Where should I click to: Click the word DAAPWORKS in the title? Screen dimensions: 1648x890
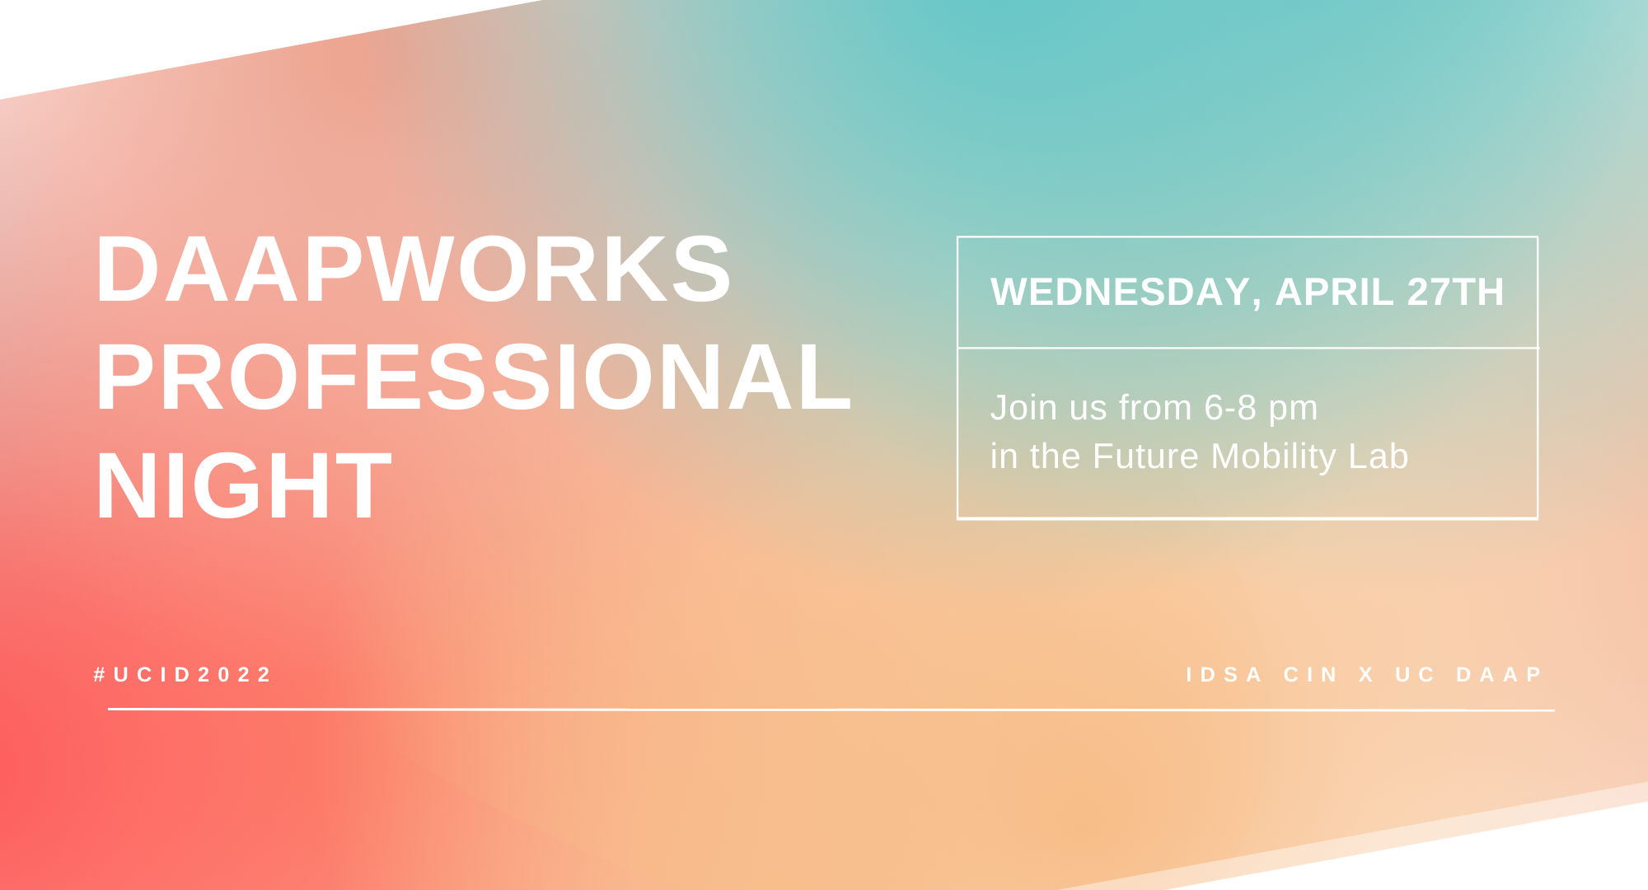[413, 269]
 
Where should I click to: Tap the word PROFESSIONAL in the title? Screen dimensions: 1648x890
[474, 377]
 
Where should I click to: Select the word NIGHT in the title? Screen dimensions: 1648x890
[243, 486]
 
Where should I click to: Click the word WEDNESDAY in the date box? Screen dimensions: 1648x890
[1121, 292]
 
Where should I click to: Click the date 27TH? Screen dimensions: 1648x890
[1455, 292]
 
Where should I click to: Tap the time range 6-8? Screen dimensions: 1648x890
[1230, 408]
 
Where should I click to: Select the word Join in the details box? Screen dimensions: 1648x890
[1023, 408]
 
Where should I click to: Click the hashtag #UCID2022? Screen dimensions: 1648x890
[182, 675]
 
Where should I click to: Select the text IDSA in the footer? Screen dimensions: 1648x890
[1224, 675]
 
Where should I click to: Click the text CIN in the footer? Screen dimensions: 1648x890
[1310, 675]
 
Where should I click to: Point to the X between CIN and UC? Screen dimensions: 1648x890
[1366, 675]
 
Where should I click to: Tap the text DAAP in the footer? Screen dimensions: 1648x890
[1499, 675]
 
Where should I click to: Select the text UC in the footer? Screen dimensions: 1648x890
[1415, 675]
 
